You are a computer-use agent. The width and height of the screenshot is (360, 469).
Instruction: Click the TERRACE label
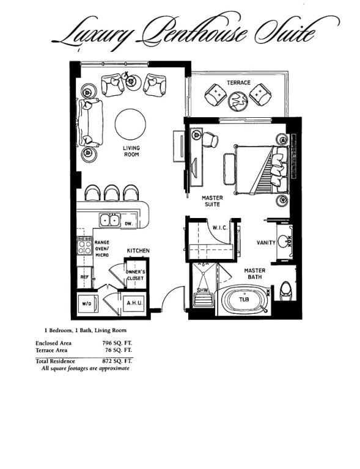coord(238,82)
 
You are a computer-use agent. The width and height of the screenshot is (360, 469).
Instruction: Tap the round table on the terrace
coord(238,101)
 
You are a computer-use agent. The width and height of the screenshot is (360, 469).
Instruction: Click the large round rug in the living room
coord(130,124)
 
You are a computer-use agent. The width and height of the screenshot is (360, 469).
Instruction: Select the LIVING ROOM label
coord(131,151)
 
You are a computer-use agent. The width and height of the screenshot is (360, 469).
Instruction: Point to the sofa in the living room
coord(90,123)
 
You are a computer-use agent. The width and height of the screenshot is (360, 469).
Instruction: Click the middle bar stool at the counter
coord(112,193)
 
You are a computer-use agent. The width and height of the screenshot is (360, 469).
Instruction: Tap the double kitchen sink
coord(110,220)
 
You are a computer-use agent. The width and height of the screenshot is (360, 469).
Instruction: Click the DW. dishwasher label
coord(129,224)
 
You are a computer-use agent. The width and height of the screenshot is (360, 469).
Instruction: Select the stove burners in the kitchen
coord(84,247)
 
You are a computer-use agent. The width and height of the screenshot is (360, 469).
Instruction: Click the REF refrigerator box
coord(84,278)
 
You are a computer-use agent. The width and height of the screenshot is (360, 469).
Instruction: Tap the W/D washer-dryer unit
coord(87,304)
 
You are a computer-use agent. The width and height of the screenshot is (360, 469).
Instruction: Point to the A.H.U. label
coord(134,303)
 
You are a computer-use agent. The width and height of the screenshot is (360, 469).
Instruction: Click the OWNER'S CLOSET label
coord(136,275)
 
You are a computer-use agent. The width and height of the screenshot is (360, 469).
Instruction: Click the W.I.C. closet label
coord(220,228)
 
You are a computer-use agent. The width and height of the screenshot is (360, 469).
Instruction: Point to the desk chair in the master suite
coord(211,140)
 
